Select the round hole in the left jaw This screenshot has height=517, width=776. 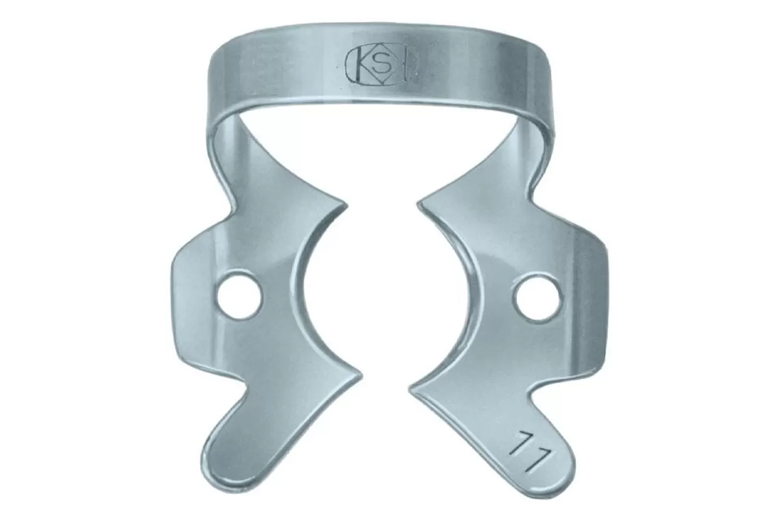point(239,296)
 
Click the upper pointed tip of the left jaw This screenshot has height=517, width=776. point(346,207)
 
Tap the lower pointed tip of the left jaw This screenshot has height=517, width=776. point(361,376)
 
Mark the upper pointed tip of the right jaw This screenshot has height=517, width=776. point(418,205)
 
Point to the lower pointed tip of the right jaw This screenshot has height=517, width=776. point(410,390)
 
